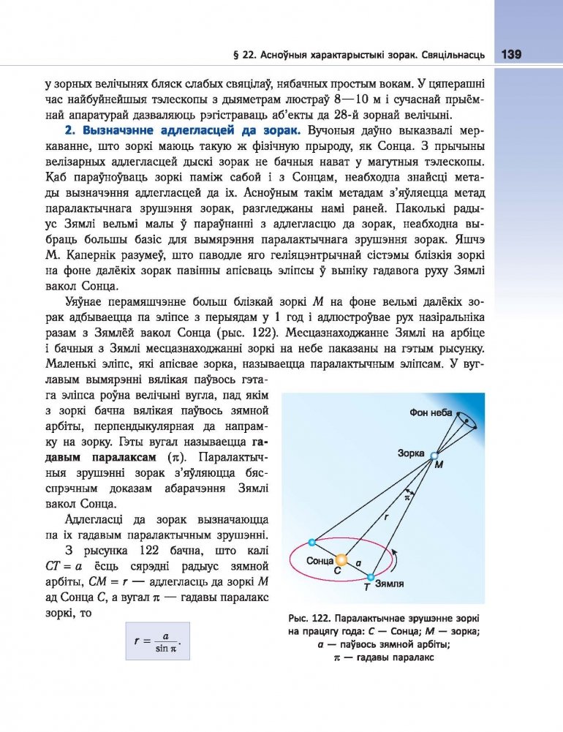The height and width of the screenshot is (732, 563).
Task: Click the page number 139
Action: (510, 55)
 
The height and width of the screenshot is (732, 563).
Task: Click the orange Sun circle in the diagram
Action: (341, 559)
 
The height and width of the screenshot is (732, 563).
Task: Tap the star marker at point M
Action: (435, 455)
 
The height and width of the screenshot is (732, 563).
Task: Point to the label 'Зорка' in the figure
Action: (411, 453)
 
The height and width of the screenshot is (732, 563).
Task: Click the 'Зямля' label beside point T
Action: (389, 585)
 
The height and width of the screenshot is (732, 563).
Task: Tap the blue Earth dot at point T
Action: (369, 577)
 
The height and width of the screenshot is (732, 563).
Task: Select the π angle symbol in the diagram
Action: (408, 497)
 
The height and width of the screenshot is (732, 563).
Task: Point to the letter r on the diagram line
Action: (387, 517)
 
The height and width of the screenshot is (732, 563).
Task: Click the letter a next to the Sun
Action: (358, 564)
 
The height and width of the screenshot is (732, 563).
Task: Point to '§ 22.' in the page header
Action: (241, 56)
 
